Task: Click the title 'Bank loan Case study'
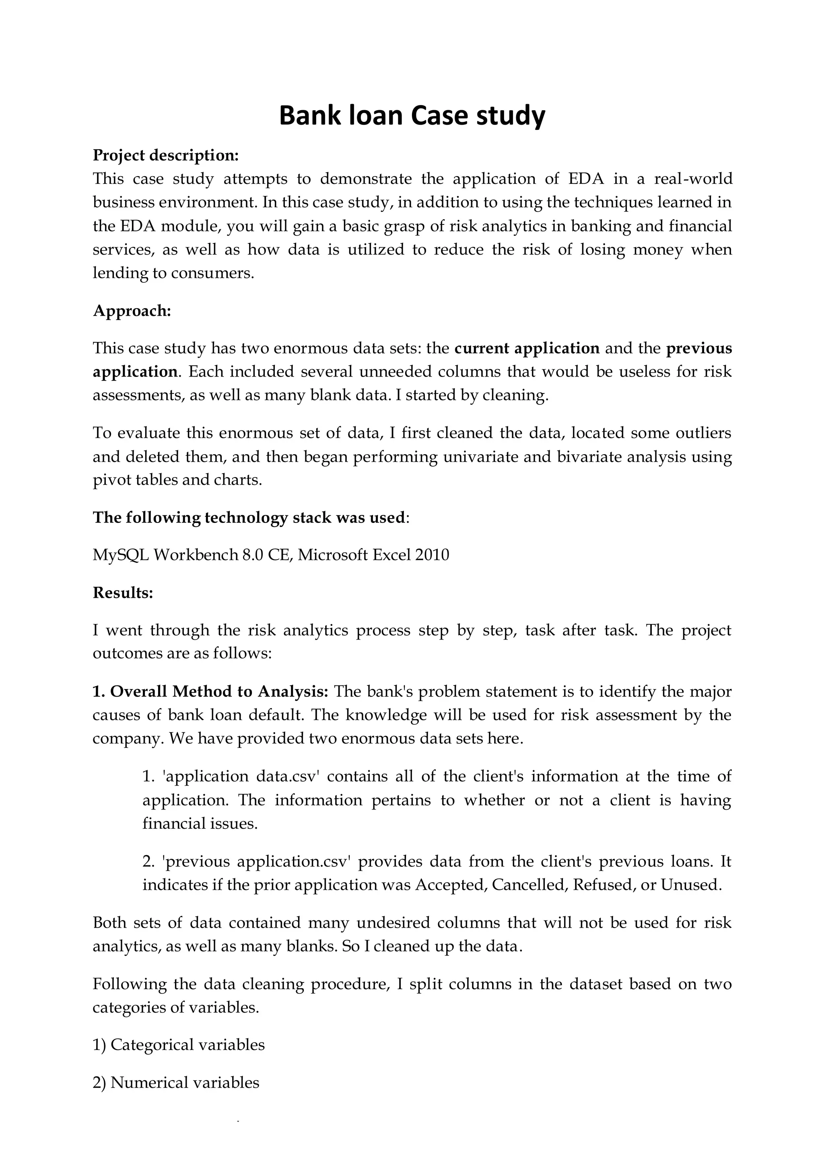tap(412, 116)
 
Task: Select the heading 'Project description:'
tap(165, 155)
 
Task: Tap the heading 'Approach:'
tap(132, 311)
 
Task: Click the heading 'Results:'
tap(123, 593)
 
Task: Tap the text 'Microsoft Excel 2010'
tap(373, 555)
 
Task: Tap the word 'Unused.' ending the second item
tap(691, 885)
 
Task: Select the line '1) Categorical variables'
tap(179, 1045)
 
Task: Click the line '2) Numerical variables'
tap(175, 1082)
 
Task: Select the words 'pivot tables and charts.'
tap(177, 480)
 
